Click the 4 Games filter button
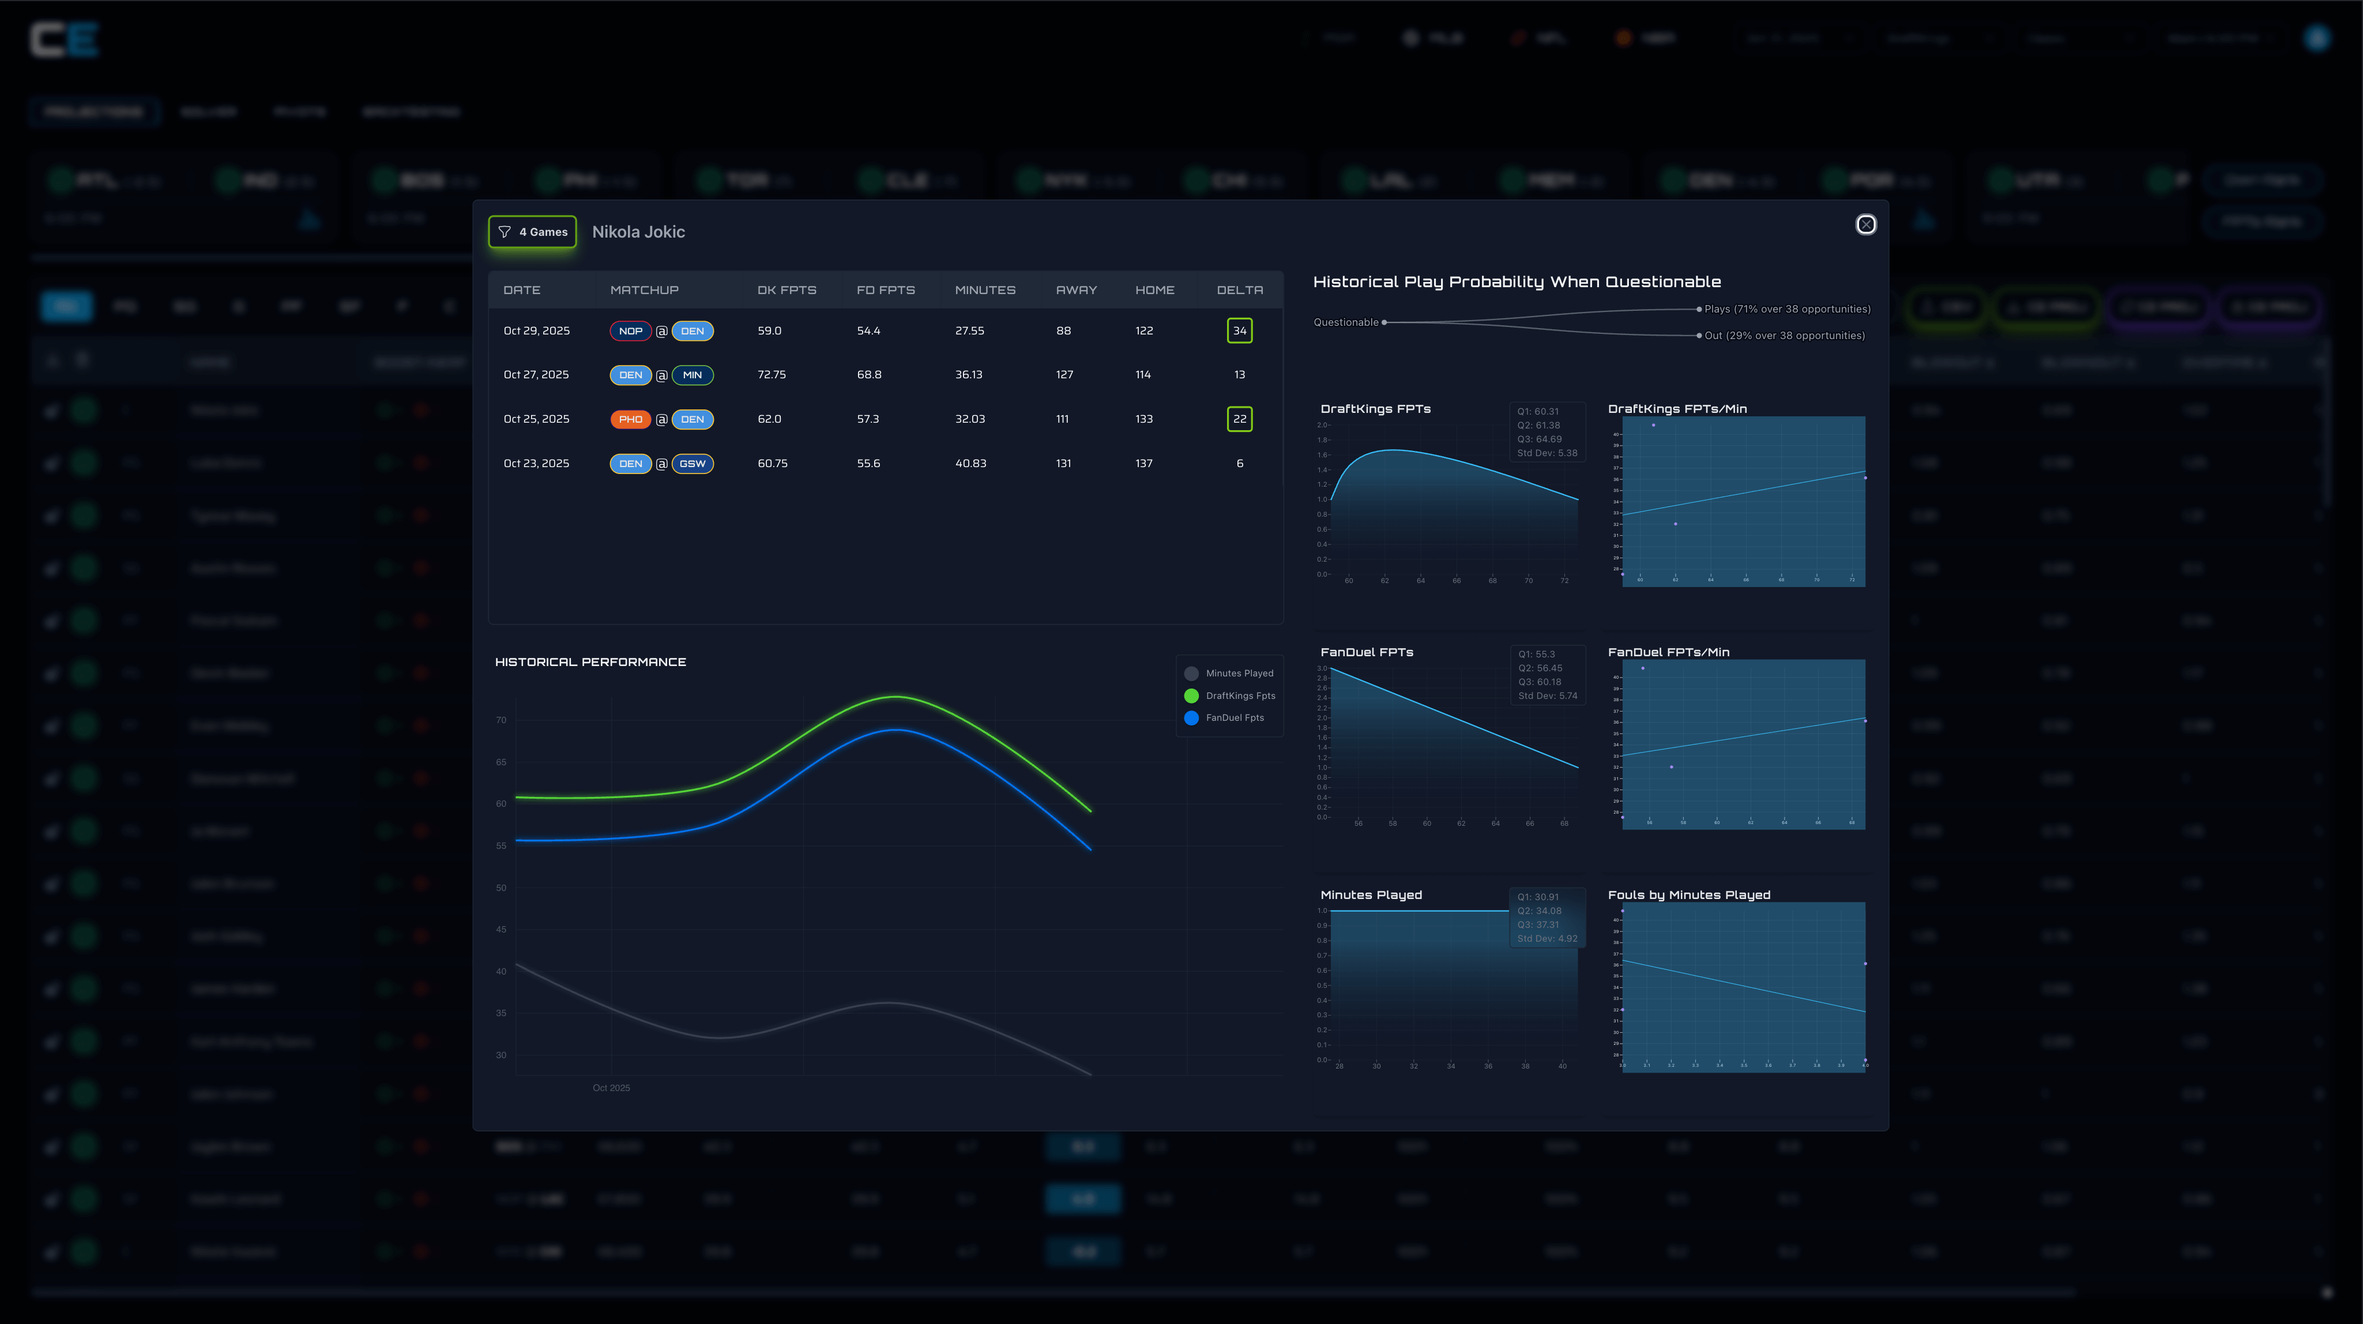pyautogui.click(x=533, y=232)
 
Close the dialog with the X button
pyautogui.click(x=1865, y=225)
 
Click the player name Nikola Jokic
pyautogui.click(x=638, y=232)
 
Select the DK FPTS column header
pyautogui.click(x=786, y=290)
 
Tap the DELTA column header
pyautogui.click(x=1239, y=290)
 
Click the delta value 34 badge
pyautogui.click(x=1239, y=330)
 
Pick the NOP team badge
pyautogui.click(x=630, y=331)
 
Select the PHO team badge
pyautogui.click(x=630, y=419)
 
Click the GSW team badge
pyautogui.click(x=693, y=464)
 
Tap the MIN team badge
pyautogui.click(x=693, y=375)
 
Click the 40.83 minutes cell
pyautogui.click(x=970, y=464)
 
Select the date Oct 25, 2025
pyautogui.click(x=537, y=419)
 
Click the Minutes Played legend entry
pyautogui.click(x=1239, y=674)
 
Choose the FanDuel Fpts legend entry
pyautogui.click(x=1234, y=717)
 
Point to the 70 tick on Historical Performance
pyautogui.click(x=501, y=720)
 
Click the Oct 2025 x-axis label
pyautogui.click(x=611, y=1088)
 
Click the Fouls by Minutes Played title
pyautogui.click(x=1689, y=894)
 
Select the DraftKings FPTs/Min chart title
pyautogui.click(x=1677, y=409)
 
